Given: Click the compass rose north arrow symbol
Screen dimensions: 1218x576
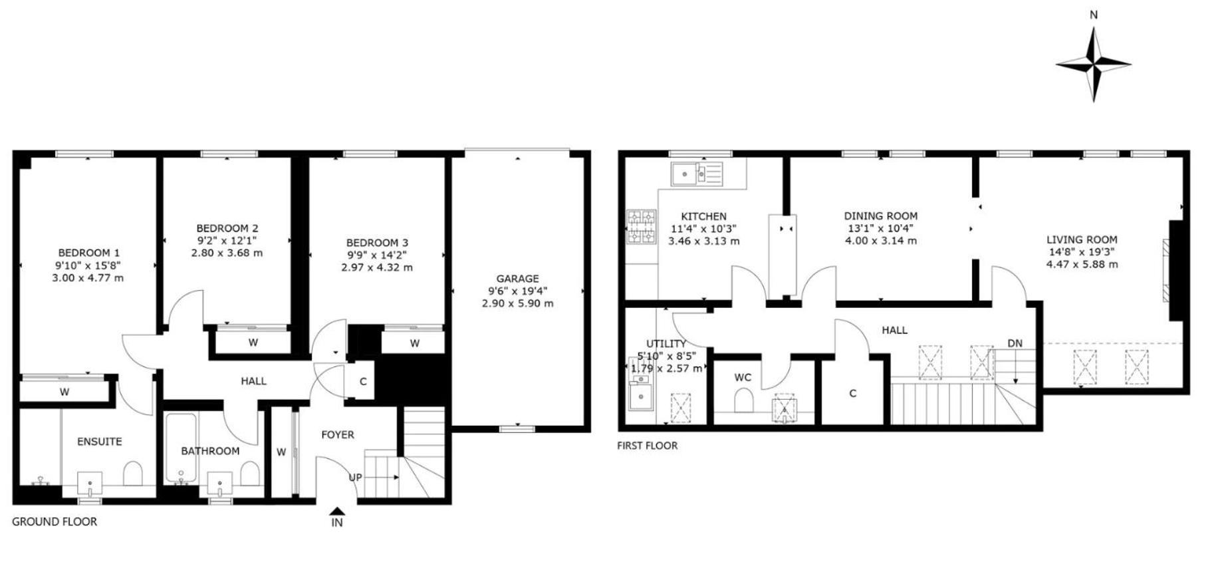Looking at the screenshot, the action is pyautogui.click(x=1094, y=64).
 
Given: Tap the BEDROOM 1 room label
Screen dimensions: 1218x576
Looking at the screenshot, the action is pyautogui.click(x=89, y=253).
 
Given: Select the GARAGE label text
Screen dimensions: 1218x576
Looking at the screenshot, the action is pyautogui.click(x=518, y=279).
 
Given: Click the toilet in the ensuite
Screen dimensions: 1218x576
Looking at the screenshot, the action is pyautogui.click(x=134, y=474).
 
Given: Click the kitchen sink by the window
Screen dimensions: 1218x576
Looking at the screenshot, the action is pyautogui.click(x=697, y=174).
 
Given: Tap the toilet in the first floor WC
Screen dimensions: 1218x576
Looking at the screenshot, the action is pyautogui.click(x=744, y=401).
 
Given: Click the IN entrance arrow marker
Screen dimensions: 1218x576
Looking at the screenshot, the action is pyautogui.click(x=337, y=511).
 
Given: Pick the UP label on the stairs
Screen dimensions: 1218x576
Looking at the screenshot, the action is pyautogui.click(x=356, y=478).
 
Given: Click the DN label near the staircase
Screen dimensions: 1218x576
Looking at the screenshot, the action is pyautogui.click(x=1015, y=343).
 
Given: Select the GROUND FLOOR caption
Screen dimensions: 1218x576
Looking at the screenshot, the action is pyautogui.click(x=55, y=522).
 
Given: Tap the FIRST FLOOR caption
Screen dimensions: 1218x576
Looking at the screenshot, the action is pyautogui.click(x=648, y=446).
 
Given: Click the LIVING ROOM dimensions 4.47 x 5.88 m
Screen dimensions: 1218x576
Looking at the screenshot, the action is pyautogui.click(x=1082, y=264).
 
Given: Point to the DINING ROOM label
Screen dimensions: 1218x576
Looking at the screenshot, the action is pyautogui.click(x=881, y=216).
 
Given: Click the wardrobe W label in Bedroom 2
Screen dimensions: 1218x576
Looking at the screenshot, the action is pyautogui.click(x=253, y=343).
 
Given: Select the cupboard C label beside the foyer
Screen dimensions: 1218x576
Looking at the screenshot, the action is pyautogui.click(x=363, y=382).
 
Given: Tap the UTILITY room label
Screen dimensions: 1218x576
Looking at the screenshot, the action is pyautogui.click(x=666, y=344).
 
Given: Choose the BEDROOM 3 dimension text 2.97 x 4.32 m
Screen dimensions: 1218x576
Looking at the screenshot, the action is pyautogui.click(x=377, y=267).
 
